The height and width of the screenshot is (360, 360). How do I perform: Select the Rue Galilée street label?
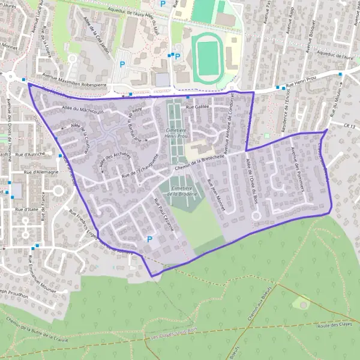coord(198,107)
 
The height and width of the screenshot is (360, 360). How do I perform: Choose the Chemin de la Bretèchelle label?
coord(199,163)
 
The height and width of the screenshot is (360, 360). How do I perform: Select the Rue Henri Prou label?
coord(300,85)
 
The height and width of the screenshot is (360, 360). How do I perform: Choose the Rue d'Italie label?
coord(28,209)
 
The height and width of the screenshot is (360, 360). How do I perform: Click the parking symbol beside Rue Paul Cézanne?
coord(149,239)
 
